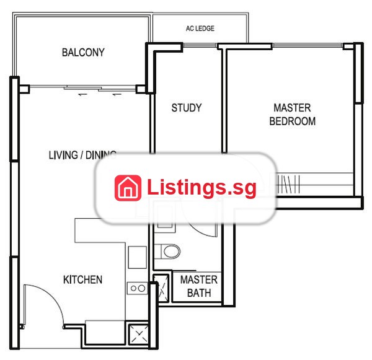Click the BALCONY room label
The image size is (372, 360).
(x=83, y=53)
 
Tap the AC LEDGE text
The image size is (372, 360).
(x=200, y=29)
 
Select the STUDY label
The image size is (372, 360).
(x=187, y=108)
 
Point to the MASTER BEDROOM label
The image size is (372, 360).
(x=292, y=115)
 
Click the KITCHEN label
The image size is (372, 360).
(x=83, y=279)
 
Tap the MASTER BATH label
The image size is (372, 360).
(x=199, y=286)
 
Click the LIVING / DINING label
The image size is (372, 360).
(x=82, y=155)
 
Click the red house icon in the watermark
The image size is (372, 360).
(x=128, y=188)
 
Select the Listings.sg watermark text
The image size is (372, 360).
(x=201, y=188)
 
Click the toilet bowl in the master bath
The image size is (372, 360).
(x=171, y=252)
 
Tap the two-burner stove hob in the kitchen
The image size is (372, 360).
(x=138, y=288)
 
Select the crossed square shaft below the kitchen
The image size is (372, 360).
(x=139, y=335)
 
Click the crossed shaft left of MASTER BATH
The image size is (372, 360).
(x=161, y=288)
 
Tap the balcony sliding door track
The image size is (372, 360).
(x=83, y=88)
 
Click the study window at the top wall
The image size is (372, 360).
(x=200, y=45)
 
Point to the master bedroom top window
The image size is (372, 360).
(x=308, y=45)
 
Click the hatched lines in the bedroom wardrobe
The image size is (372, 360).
(x=288, y=184)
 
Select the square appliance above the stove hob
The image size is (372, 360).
(x=138, y=257)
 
